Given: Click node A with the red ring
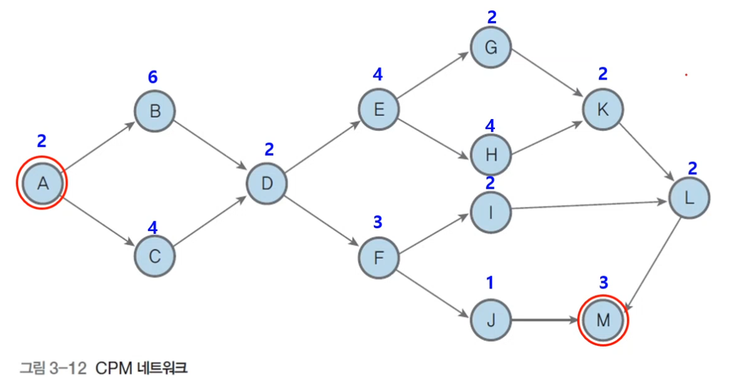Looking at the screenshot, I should [42, 183].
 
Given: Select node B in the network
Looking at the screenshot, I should [155, 112].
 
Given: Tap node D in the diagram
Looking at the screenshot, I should [267, 183].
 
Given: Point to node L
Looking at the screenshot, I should [689, 198].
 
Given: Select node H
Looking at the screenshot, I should [491, 155].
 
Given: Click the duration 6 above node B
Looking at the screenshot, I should [153, 77].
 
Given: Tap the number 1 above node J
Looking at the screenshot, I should [489, 284].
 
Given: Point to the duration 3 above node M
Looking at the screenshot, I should [603, 282].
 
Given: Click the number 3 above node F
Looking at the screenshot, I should [377, 222].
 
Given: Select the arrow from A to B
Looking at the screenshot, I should [100, 146].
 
